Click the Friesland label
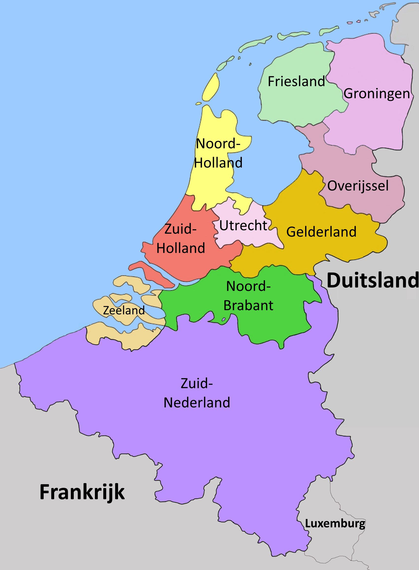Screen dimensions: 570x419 [x=296, y=81]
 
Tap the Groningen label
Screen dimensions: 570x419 [x=377, y=94]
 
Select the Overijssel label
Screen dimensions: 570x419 [x=358, y=186]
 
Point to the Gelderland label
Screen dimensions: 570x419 [x=321, y=232]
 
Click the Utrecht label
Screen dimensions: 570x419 [x=243, y=226]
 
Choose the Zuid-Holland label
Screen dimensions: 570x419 [x=181, y=239]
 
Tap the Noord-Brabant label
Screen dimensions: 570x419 [x=248, y=296]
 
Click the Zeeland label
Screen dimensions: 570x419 [x=124, y=310]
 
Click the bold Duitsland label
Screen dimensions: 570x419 [x=373, y=280]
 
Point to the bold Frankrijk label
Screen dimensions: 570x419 [x=82, y=492]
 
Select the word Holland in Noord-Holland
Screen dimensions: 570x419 [x=218, y=163]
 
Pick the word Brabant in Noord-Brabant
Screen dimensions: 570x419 [x=248, y=305]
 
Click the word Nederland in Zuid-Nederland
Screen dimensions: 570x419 [x=197, y=403]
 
